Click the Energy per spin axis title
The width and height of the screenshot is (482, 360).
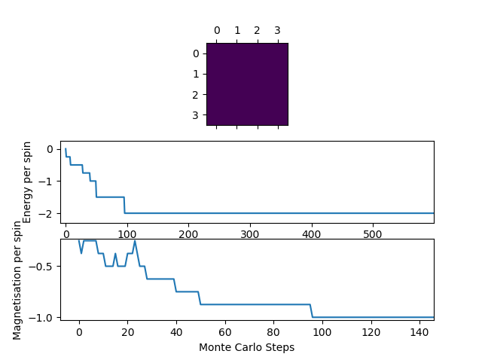point(27,182)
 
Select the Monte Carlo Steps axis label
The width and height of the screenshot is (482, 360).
point(246,348)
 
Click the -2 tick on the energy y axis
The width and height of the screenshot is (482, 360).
point(50,214)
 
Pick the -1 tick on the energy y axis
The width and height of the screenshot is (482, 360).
point(50,182)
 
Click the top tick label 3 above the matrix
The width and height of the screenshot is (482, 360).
point(277,31)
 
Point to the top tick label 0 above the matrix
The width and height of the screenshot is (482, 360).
point(217,31)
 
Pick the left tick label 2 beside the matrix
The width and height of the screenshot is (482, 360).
point(196,95)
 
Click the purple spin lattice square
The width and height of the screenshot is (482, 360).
point(247,84)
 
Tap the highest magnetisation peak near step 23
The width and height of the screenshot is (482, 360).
point(135,241)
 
